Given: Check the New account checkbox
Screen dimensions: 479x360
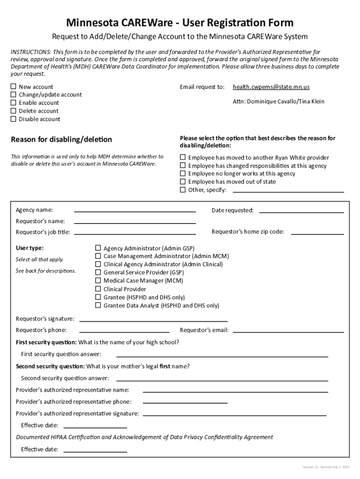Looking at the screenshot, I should point(14,87).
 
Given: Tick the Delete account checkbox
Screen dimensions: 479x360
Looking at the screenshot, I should point(14,111).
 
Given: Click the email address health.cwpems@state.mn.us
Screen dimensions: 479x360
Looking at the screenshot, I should point(271,87).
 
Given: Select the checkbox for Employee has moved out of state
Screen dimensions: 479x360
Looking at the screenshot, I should point(183,181).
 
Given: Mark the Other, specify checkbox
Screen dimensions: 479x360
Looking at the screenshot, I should point(183,190).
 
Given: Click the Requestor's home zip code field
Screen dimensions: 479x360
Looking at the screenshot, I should point(317,232).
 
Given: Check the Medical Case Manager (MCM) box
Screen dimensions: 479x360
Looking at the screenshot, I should point(98,281).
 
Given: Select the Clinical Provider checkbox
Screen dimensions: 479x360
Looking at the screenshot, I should point(98,289).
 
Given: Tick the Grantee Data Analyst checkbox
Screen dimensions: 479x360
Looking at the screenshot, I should point(98,305).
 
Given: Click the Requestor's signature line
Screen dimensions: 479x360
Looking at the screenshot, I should point(153,320).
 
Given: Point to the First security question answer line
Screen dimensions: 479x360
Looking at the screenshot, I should point(222,356).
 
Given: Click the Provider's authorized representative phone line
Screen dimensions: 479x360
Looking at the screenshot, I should point(185,402).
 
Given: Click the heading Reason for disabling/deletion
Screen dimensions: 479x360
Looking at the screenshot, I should point(61,139).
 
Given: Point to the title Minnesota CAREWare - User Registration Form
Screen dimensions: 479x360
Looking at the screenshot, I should point(180,22).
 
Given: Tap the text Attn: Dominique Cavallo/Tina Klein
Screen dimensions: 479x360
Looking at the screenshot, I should point(278,102).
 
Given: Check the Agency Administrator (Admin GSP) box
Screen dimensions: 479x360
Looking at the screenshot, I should point(98,248).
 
